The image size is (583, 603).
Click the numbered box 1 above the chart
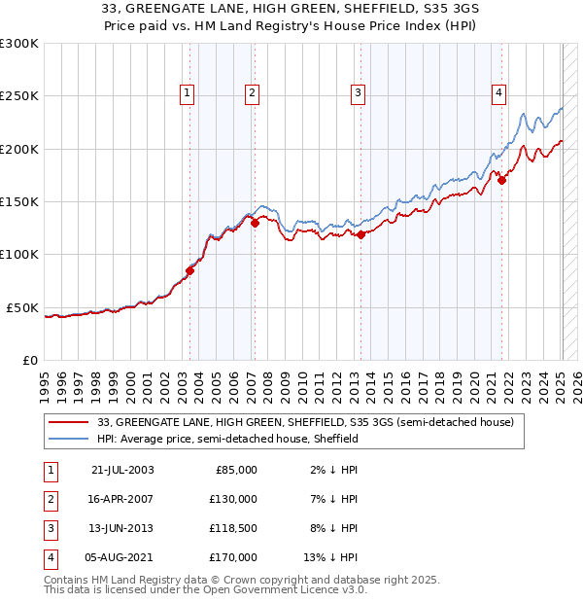click(x=187, y=93)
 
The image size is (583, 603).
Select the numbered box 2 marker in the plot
click(x=252, y=93)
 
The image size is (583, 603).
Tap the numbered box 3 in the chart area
click(x=358, y=93)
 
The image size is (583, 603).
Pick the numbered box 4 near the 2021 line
click(x=498, y=93)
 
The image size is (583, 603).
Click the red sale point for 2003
click(x=190, y=271)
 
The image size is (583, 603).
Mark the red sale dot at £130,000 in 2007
click(x=255, y=223)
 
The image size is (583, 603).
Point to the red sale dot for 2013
click(x=360, y=234)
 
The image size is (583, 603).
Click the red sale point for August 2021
click(x=501, y=180)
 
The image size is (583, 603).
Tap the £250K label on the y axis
click(x=19, y=96)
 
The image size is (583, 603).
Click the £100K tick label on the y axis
click(x=19, y=254)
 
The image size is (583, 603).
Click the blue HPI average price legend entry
click(x=228, y=439)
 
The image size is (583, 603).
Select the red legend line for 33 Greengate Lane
click(x=70, y=422)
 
